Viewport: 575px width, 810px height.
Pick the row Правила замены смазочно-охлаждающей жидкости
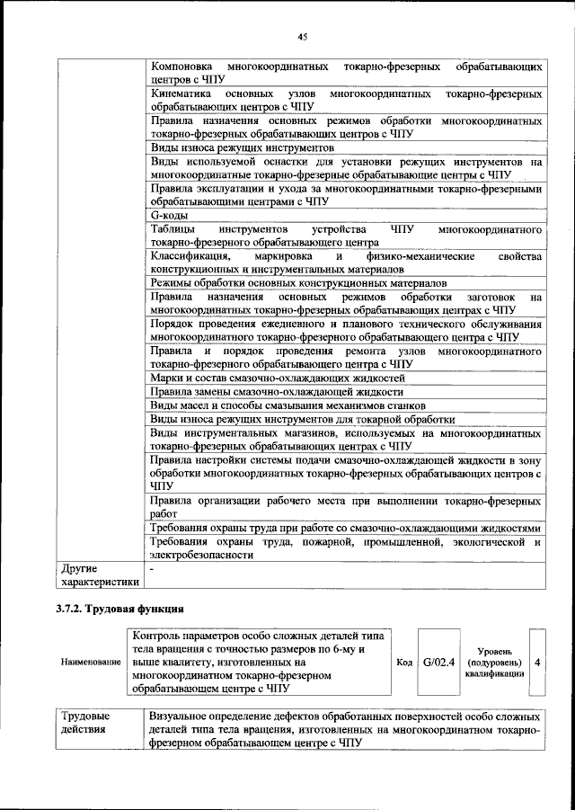tap(277, 392)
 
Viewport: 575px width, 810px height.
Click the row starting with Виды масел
tap(288, 405)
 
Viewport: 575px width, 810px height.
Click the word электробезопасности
tap(202, 556)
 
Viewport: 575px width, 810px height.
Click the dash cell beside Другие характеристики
tap(153, 569)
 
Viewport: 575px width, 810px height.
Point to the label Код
tap(404, 663)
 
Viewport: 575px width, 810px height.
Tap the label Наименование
tap(92, 663)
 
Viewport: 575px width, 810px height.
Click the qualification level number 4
tap(536, 663)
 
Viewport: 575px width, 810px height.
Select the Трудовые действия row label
tap(85, 723)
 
